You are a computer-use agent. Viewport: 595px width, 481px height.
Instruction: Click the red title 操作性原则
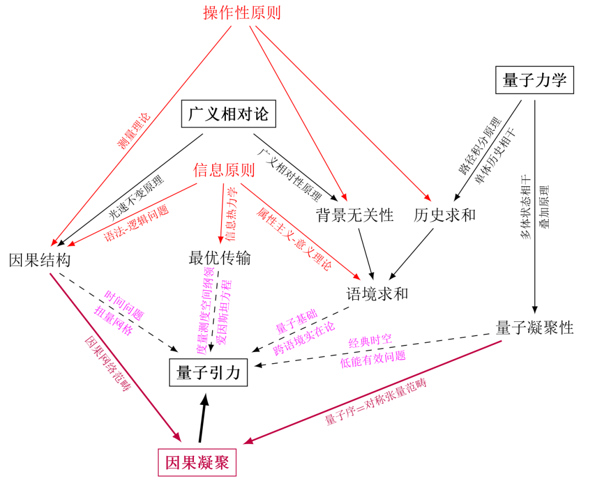tap(242, 12)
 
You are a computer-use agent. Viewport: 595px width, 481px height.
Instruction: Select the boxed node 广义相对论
tap(228, 115)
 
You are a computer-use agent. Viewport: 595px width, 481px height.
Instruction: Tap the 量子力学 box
tap(534, 80)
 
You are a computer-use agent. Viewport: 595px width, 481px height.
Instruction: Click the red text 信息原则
tap(224, 170)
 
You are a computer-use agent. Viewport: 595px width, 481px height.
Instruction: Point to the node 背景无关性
tap(355, 215)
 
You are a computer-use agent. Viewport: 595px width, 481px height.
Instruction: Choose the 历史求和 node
tap(445, 215)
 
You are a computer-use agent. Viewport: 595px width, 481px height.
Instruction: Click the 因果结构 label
tap(40, 260)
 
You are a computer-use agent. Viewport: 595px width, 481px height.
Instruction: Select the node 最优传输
tap(220, 257)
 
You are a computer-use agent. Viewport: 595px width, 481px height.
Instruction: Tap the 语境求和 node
tap(377, 293)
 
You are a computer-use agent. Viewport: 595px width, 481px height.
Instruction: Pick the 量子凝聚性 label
tap(534, 328)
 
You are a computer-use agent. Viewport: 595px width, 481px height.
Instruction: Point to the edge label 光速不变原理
tap(136, 197)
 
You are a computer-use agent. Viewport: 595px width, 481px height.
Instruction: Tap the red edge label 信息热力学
tap(230, 215)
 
